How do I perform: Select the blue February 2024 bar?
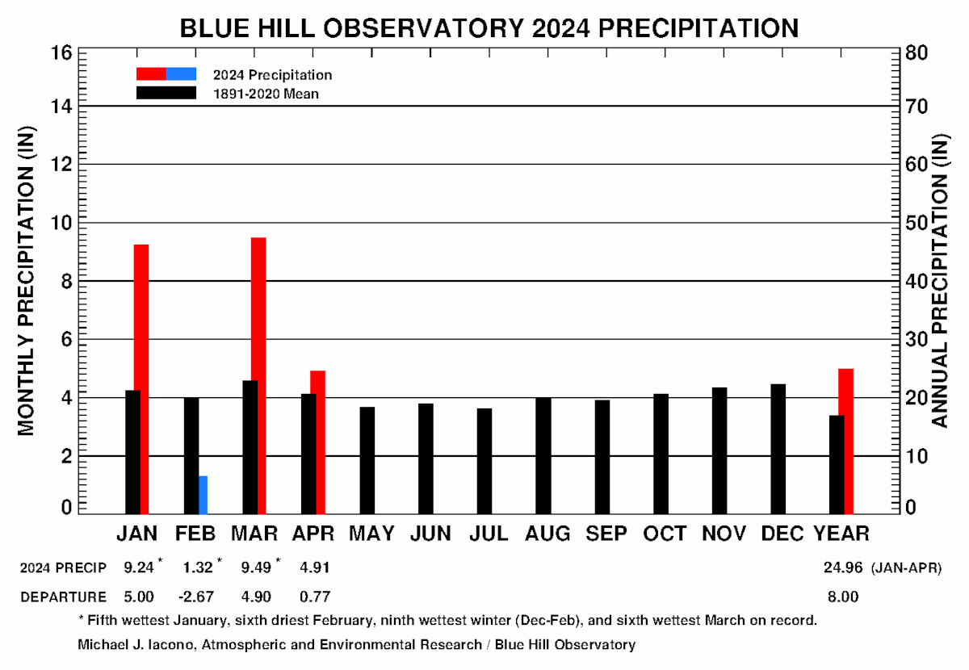pyautogui.click(x=203, y=494)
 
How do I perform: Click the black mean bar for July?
pyautogui.click(x=484, y=460)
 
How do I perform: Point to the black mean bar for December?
pyautogui.click(x=778, y=448)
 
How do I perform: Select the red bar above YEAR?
pyautogui.click(x=845, y=440)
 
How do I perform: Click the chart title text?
pyautogui.click(x=489, y=28)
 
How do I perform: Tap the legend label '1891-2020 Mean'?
pyautogui.click(x=266, y=94)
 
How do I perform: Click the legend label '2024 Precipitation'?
pyautogui.click(x=272, y=75)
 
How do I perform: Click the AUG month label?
pyautogui.click(x=547, y=534)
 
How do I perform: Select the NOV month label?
pyautogui.click(x=724, y=534)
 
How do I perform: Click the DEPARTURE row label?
pyautogui.click(x=63, y=597)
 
